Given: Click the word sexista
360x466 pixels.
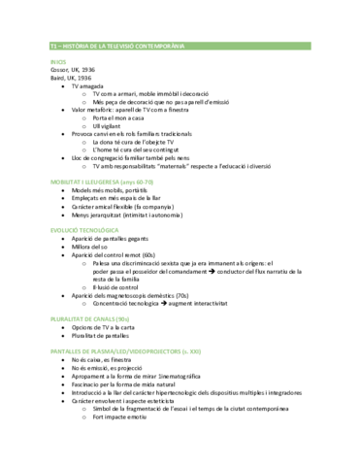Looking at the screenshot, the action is (x=161, y=261).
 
